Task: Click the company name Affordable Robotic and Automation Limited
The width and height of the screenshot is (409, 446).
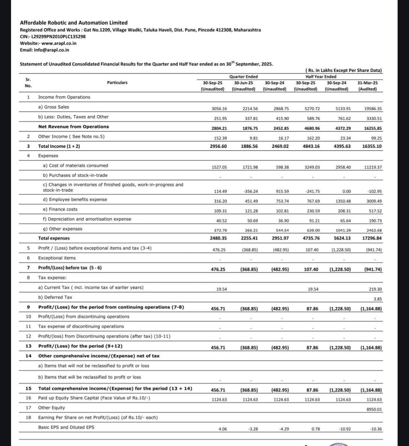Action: [74, 23]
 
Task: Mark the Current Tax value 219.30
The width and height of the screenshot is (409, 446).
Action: [374, 289]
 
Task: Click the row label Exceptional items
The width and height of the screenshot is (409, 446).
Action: [57, 258]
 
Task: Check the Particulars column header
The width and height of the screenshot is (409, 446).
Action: [117, 83]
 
